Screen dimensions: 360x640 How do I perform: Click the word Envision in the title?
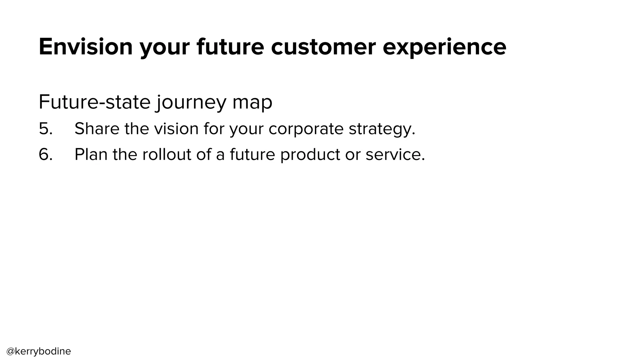(86, 47)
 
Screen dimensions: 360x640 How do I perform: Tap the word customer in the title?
(323, 47)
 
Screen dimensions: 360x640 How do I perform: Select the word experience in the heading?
(444, 47)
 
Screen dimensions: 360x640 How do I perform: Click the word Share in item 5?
(97, 128)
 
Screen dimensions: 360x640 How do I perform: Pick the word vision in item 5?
(176, 128)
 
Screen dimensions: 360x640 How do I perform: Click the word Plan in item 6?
(91, 154)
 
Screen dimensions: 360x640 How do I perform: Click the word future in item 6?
(252, 154)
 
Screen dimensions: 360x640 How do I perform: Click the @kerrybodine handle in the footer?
(39, 351)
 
